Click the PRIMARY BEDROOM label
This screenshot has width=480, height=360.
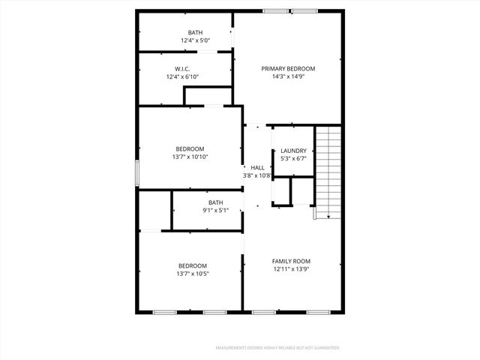(288, 68)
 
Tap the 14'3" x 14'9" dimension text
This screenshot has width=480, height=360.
(288, 76)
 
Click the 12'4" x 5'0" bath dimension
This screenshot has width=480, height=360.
(195, 40)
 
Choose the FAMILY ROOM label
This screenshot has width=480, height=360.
(291, 261)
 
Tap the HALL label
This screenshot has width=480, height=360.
(257, 167)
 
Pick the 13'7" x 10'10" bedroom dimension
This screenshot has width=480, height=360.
(190, 157)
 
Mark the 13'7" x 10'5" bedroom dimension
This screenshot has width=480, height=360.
(193, 274)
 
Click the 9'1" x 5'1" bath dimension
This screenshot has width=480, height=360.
(215, 211)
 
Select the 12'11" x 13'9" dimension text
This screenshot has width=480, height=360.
(291, 268)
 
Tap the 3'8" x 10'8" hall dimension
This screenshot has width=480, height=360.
(256, 175)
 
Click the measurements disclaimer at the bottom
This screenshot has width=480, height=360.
(277, 348)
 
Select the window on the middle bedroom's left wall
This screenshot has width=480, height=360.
(136, 172)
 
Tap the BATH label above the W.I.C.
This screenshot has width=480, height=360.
(195, 32)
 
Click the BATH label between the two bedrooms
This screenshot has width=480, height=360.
(215, 202)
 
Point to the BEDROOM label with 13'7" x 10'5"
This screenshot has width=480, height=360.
(193, 265)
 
